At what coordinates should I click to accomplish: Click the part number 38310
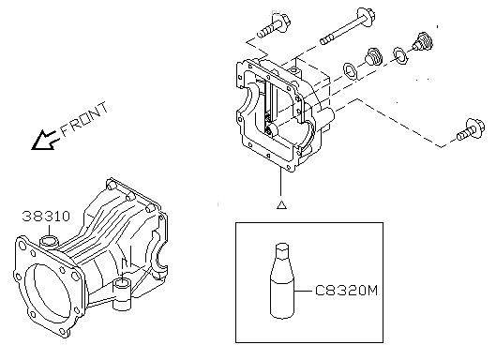46,217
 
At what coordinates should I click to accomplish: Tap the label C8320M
347,290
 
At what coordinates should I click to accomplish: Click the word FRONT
84,119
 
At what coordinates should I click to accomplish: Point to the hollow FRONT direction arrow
45,140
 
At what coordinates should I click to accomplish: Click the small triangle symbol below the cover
281,204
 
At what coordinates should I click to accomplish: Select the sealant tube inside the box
282,280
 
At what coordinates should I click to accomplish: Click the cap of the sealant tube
282,247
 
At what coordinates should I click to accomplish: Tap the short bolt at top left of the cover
274,25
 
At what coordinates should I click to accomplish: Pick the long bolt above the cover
347,26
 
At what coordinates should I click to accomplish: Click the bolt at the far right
471,129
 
